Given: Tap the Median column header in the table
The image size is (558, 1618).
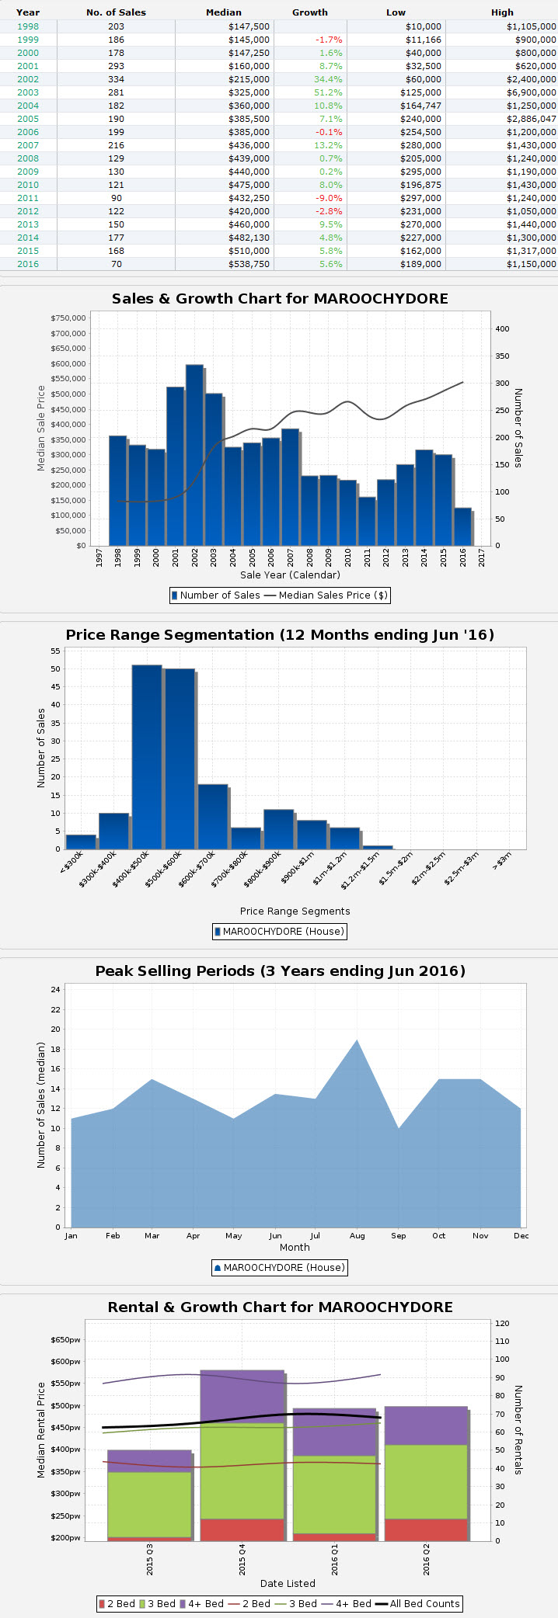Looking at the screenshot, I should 224,12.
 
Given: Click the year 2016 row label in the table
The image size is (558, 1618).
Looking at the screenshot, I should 28,264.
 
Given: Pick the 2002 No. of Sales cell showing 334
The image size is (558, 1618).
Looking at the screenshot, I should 116,79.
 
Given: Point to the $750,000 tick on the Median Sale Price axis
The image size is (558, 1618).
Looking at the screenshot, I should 68,318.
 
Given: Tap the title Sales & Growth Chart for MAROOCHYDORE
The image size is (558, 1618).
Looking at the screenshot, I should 280,299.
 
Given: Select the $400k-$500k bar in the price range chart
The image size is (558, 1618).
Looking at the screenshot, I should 147,756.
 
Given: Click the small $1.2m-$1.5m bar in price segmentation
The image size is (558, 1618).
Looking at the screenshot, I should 378,847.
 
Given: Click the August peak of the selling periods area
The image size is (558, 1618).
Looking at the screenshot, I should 357,1044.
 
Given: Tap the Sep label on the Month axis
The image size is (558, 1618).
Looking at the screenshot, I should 398,1235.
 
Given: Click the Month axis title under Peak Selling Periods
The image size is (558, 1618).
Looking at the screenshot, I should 295,1247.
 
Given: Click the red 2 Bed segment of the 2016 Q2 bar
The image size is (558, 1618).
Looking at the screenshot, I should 426,1529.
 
